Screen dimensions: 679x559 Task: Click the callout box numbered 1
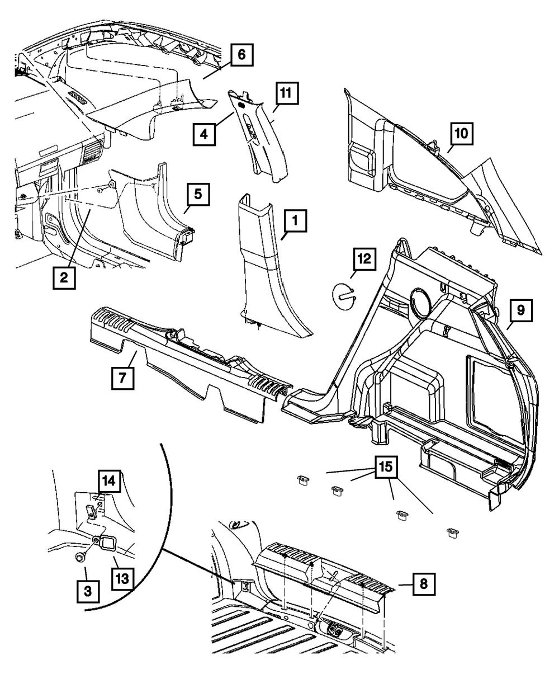pos(295,224)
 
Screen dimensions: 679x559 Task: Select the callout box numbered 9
pos(520,311)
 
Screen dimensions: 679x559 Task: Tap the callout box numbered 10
pos(462,134)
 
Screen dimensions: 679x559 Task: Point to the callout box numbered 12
pos(363,259)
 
